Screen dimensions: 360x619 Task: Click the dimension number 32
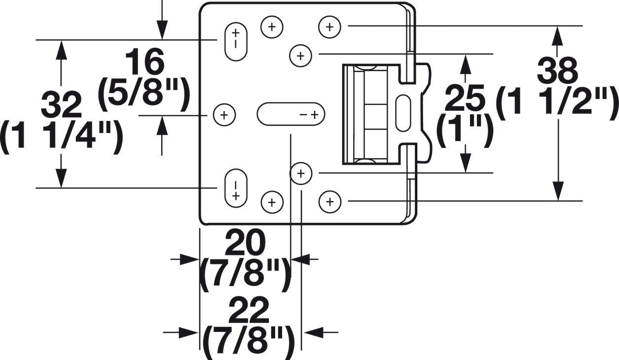pyautogui.click(x=61, y=105)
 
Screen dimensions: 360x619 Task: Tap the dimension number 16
pyautogui.click(x=144, y=63)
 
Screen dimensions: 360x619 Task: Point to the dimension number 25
pyautogui.click(x=465, y=98)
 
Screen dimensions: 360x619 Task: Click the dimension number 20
pyautogui.click(x=245, y=243)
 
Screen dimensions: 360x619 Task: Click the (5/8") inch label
pyautogui.click(x=144, y=92)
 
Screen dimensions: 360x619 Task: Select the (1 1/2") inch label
pyautogui.click(x=557, y=103)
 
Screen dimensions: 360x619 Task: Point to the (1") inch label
pyautogui.click(x=465, y=130)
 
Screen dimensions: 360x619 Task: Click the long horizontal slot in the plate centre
pyautogui.click(x=291, y=114)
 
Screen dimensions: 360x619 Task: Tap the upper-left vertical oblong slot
pyautogui.click(x=236, y=42)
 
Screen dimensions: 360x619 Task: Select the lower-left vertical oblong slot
pyautogui.click(x=236, y=188)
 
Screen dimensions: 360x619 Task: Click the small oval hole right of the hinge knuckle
pyautogui.click(x=403, y=113)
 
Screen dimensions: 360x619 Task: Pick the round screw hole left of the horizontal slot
pyautogui.click(x=224, y=115)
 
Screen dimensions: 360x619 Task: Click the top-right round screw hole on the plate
pyautogui.click(x=330, y=26)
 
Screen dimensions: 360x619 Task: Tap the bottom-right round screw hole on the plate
pyautogui.click(x=330, y=201)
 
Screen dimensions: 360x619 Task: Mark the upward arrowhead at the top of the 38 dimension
pyautogui.click(x=557, y=36)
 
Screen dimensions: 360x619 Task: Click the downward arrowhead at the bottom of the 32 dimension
pyautogui.click(x=61, y=178)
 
